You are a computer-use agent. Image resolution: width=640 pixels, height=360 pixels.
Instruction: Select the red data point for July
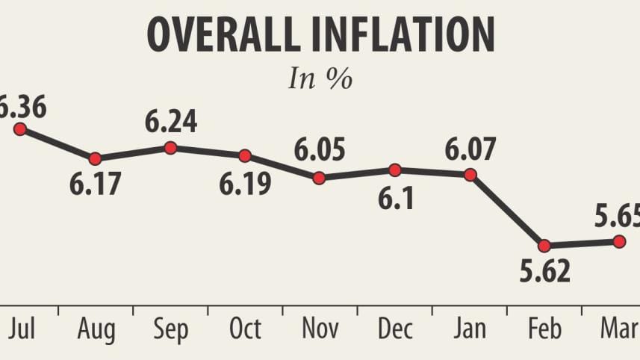20,129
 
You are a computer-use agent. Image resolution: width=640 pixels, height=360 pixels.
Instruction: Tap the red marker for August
95,158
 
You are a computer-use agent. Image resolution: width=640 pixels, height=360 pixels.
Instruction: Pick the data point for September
170,148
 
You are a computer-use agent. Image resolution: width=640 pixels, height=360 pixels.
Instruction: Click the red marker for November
319,178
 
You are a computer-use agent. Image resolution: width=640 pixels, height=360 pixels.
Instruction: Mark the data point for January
470,175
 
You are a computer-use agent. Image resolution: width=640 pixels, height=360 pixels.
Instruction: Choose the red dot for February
544,245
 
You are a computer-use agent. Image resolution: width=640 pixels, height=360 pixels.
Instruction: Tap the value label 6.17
95,184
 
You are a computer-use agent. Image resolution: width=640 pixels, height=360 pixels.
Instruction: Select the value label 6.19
244,184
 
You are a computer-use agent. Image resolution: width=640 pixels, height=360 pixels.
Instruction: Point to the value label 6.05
320,152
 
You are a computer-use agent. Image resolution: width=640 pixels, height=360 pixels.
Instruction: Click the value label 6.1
395,199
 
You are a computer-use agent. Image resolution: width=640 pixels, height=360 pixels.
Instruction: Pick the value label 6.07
470,149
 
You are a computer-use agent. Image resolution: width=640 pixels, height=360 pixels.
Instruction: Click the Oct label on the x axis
245,329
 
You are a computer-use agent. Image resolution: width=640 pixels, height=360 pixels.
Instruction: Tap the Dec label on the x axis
394,329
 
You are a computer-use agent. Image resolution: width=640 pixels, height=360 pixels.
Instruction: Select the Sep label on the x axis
170,329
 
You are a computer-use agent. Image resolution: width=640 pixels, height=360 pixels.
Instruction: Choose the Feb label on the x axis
544,329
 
